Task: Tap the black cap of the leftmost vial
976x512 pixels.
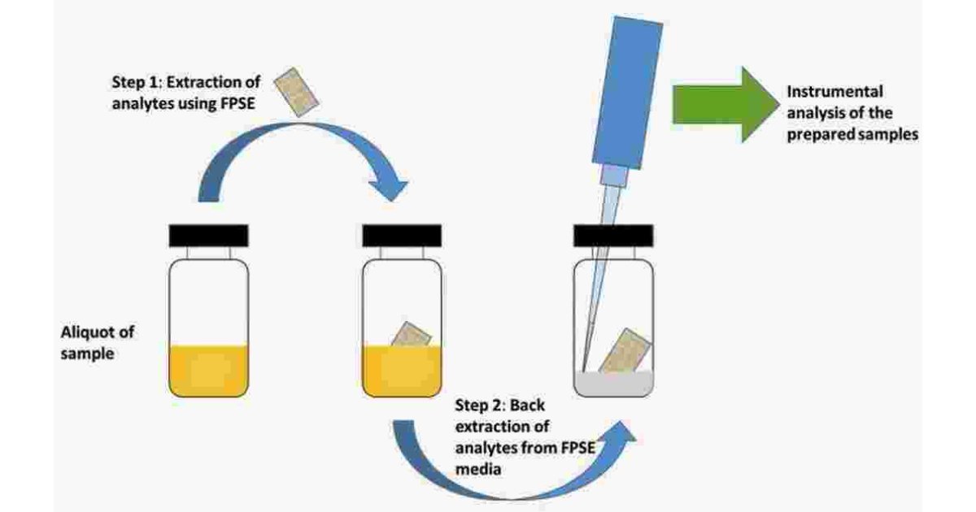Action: pos(208,235)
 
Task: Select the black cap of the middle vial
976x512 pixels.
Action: pos(402,235)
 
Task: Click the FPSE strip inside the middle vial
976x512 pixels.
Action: pos(412,336)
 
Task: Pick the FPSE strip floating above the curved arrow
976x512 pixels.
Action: pos(294,91)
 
